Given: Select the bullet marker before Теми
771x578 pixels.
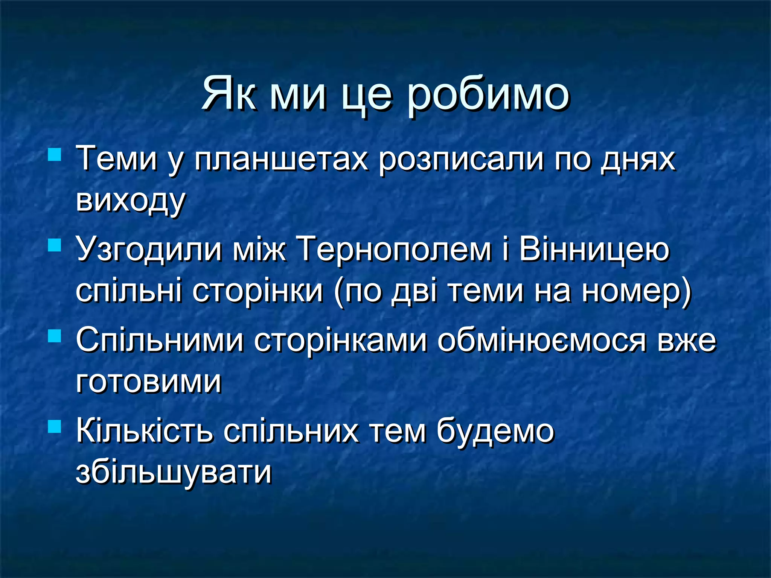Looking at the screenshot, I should click(55, 155).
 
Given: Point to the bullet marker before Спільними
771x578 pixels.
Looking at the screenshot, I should click(55, 336).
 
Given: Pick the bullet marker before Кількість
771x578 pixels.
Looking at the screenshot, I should click(55, 427).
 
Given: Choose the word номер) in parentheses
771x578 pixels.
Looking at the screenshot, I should click(636, 291).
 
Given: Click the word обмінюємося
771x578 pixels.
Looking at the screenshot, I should click(542, 340).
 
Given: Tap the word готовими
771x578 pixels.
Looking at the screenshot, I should click(149, 382).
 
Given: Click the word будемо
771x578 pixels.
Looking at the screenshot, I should click(495, 430).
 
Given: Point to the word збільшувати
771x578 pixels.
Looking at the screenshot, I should click(174, 473).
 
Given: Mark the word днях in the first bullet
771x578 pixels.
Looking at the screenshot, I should click(638, 160).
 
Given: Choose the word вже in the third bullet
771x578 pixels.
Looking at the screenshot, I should click(687, 340).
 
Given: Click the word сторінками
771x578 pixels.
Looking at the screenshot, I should click(340, 340).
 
